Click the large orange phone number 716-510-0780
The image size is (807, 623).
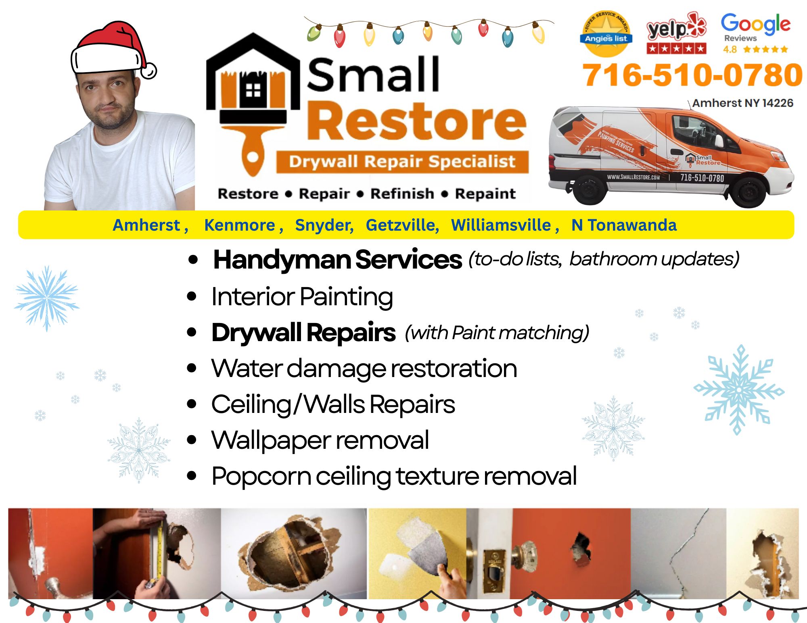point(692,75)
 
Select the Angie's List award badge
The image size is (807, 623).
point(606,34)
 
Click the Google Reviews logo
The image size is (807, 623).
point(755,33)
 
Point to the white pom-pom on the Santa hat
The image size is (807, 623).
point(149,71)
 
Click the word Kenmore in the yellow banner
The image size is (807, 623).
point(240,225)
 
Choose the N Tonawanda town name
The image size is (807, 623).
point(624,225)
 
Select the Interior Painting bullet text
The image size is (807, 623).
point(302,297)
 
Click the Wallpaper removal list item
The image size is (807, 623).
point(320,440)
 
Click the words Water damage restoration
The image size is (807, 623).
point(364,368)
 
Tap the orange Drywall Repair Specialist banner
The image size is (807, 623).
point(402,162)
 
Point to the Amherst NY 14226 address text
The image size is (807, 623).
point(742,103)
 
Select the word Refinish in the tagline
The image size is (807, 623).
point(402,194)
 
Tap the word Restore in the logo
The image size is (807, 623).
point(417,121)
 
